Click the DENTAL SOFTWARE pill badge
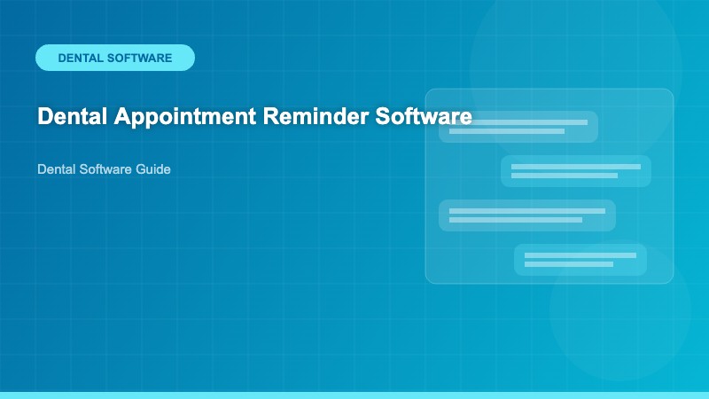(x=115, y=58)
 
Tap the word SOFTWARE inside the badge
(x=139, y=58)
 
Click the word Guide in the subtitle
(x=153, y=168)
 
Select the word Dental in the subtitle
(x=55, y=168)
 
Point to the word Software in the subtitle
(x=105, y=168)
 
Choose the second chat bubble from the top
(x=576, y=171)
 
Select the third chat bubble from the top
(x=527, y=215)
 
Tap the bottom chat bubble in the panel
(x=580, y=260)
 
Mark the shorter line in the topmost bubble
(x=507, y=131)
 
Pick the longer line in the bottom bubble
(x=580, y=255)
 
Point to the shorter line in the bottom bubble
(x=569, y=264)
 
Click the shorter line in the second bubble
(x=565, y=176)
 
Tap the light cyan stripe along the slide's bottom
(x=354, y=395)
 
